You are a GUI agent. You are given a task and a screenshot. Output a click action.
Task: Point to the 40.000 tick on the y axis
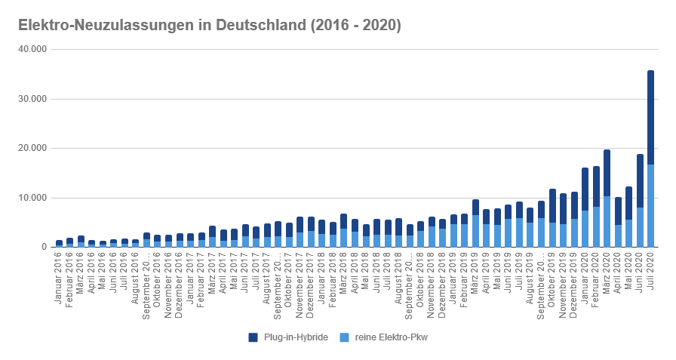coord(32,49)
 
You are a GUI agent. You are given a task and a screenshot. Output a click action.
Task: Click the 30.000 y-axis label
coord(32,99)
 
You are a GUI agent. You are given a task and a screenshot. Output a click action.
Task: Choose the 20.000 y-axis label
coord(32,149)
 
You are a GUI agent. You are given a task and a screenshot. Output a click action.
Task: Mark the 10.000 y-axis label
coord(32,198)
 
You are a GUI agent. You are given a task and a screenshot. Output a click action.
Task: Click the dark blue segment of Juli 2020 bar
coord(651,117)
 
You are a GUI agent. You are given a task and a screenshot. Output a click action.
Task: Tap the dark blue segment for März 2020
coord(607,173)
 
